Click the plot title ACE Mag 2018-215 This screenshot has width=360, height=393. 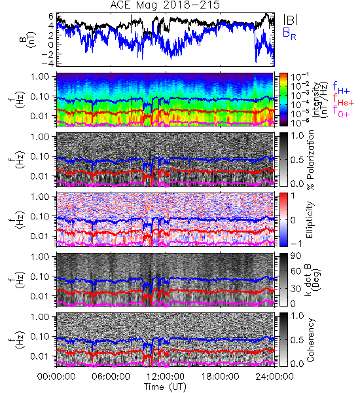click(165, 5)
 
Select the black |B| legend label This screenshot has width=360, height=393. click(291, 20)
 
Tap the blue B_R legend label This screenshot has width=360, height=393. click(289, 33)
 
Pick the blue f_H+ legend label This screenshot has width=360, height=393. click(341, 88)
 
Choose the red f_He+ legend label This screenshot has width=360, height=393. click(344, 100)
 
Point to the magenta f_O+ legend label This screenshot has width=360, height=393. click(341, 111)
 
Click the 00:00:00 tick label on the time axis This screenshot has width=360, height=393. click(56, 377)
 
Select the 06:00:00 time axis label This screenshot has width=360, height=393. click(111, 377)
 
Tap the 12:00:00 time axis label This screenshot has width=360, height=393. click(166, 377)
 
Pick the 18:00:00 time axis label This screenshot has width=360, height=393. click(220, 377)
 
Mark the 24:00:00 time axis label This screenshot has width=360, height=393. click(274, 377)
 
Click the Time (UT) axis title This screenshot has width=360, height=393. click(166, 387)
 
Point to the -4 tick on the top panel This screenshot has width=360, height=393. click(47, 64)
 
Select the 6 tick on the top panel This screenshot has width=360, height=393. click(51, 16)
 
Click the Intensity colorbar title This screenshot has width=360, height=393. click(321, 100)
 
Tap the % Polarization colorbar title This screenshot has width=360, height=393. click(310, 160)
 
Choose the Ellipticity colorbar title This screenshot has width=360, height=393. click(310, 220)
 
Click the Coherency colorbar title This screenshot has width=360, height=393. click(310, 340)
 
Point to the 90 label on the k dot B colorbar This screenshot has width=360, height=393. click(296, 256)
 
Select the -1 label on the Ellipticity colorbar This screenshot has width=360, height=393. click(296, 244)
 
